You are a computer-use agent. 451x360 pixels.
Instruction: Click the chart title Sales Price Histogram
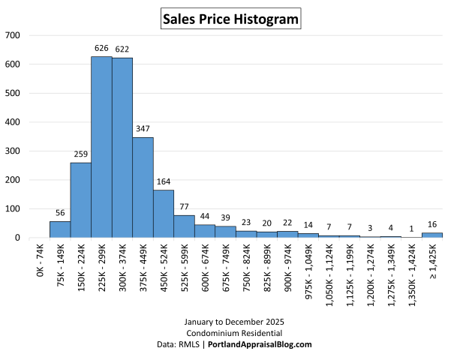click(231, 18)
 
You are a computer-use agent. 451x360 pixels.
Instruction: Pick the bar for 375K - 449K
click(143, 187)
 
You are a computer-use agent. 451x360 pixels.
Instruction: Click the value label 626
click(101, 49)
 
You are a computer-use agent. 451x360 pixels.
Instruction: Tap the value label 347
click(143, 129)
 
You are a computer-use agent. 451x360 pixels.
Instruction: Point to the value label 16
click(431, 224)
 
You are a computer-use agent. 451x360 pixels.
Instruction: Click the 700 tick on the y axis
click(13, 35)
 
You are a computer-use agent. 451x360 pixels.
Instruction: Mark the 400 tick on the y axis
click(13, 122)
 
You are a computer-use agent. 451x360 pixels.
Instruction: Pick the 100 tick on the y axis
click(13, 208)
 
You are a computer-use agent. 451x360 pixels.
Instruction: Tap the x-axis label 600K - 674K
click(206, 263)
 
